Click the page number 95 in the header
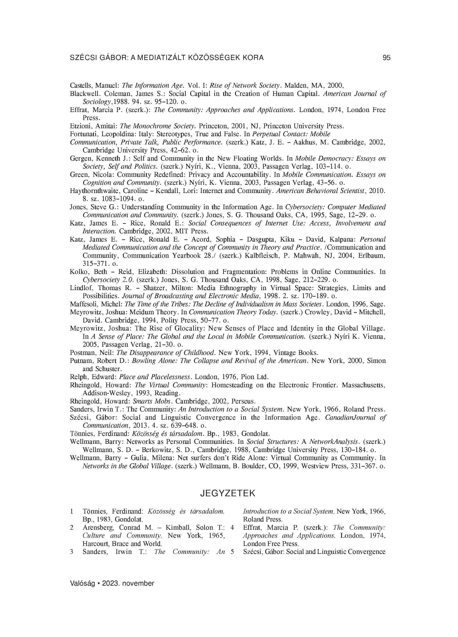(x=386, y=58)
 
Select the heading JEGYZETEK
(x=227, y=493)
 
